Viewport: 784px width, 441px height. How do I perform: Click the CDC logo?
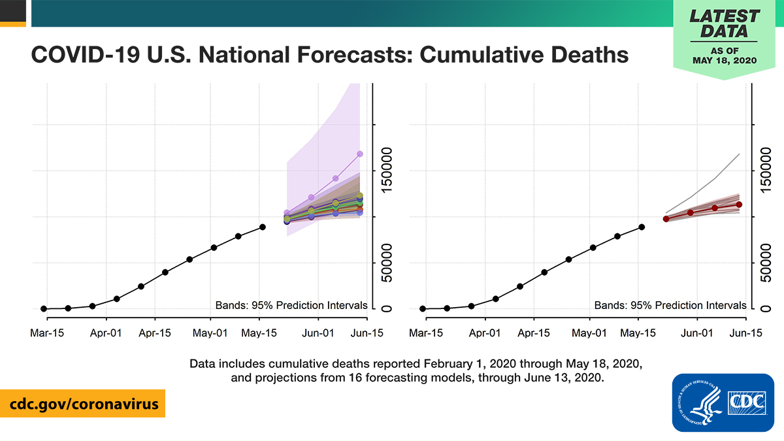coord(723,402)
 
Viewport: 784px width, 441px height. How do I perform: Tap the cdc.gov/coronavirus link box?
coord(82,404)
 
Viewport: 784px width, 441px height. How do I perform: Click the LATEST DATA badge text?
coord(725,24)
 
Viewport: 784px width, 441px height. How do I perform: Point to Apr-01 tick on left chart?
coord(106,333)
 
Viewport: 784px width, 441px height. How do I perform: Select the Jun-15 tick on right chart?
coord(746,333)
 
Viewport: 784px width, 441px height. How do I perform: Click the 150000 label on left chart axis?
coord(387,171)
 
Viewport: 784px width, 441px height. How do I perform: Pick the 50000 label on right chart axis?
coord(766,263)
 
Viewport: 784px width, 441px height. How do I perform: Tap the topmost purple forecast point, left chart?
coord(359,154)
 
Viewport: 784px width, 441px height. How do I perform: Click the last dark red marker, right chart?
coord(739,204)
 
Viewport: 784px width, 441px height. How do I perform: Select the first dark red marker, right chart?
coord(666,219)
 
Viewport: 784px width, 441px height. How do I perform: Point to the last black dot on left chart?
coord(263,227)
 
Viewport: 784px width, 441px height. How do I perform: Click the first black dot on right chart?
coord(423,308)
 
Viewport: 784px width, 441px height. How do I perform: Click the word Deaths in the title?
coord(589,54)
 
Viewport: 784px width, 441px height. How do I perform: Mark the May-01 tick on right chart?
coord(591,333)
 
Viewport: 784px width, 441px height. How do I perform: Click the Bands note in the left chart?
coord(291,305)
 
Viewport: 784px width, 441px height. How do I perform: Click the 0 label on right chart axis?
coord(766,308)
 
